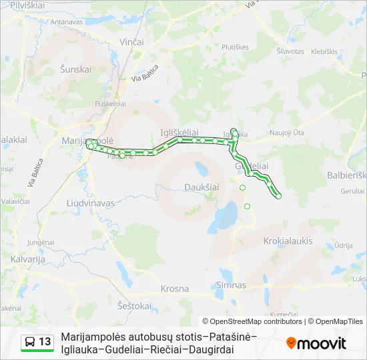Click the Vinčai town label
[131, 42]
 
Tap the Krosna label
[175, 289]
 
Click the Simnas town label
[231, 285]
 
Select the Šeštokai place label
[133, 305]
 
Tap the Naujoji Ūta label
[287, 134]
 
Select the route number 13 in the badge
[45, 342]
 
